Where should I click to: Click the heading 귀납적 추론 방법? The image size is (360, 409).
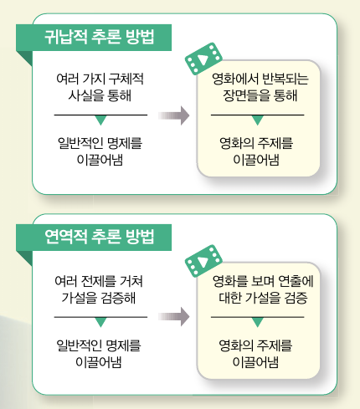click(100, 37)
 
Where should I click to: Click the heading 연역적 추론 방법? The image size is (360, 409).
click(100, 237)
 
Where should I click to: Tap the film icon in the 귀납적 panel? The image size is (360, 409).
click(203, 59)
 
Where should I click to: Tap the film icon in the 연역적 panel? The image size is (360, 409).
click(203, 261)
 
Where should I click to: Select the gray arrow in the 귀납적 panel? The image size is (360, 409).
click(174, 115)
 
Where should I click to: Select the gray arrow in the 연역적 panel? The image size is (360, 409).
click(174, 317)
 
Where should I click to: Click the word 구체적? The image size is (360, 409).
click(126, 79)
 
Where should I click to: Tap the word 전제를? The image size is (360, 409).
click(98, 281)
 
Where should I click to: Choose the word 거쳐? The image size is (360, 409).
click(131, 281)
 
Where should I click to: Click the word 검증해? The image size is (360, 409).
click(118, 298)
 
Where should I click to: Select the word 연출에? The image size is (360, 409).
click(296, 281)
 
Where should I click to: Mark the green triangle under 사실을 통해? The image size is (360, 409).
click(100, 120)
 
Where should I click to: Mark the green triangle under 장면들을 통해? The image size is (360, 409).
click(258, 120)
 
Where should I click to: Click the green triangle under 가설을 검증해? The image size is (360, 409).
click(100, 322)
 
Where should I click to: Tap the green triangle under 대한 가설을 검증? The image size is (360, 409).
click(258, 322)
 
